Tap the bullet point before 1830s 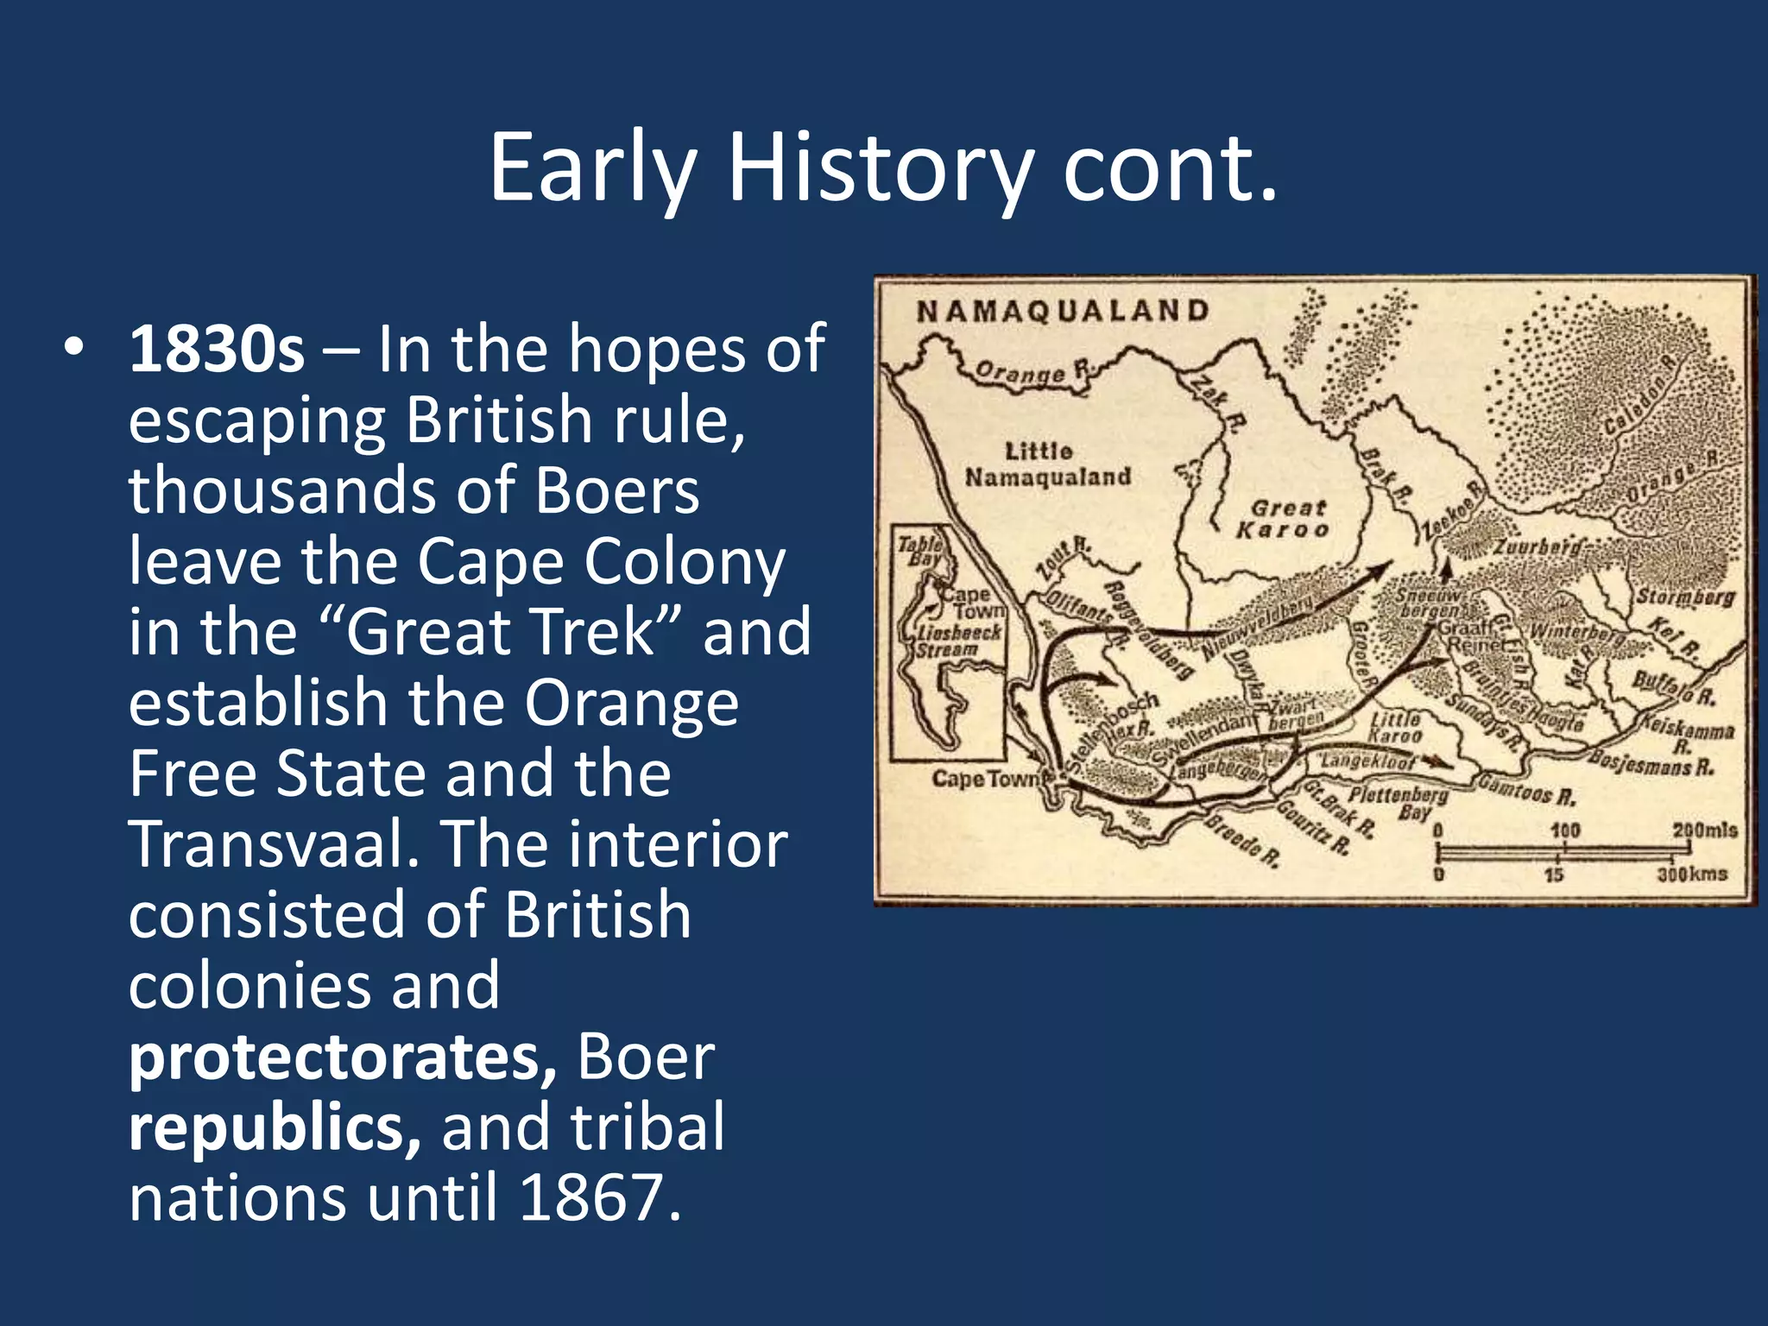74,347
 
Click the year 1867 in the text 590,1198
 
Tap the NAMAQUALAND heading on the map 1063,311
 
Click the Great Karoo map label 1284,519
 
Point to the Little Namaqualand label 1047,464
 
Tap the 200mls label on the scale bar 1704,830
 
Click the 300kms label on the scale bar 1692,875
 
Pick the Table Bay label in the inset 921,551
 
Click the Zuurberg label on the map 1538,547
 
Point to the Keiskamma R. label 1688,731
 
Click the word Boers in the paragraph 616,491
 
